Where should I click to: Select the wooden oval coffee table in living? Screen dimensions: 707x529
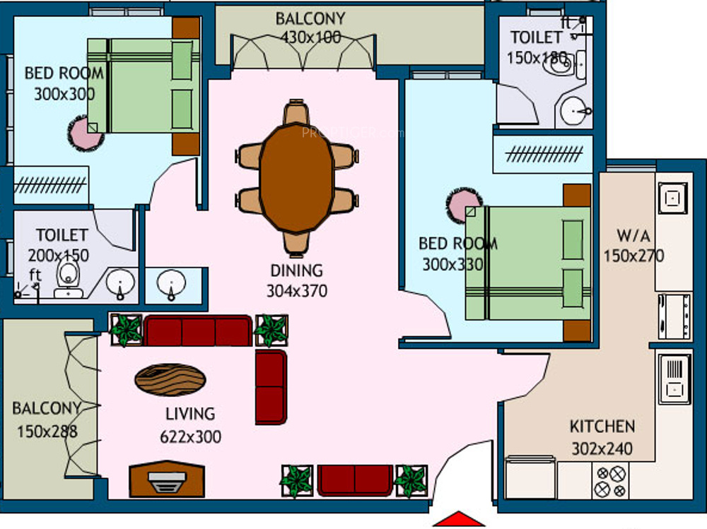[170, 379]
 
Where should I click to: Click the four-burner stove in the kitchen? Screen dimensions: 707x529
[611, 481]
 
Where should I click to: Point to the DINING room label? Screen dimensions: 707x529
[297, 271]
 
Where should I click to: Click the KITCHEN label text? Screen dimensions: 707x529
[602, 427]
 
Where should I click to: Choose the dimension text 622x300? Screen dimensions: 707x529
[191, 436]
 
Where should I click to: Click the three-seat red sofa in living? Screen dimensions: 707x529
[197, 331]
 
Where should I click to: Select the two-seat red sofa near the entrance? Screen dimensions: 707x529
[355, 480]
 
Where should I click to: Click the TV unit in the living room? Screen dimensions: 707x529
[167, 479]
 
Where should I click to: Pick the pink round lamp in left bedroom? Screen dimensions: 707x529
[86, 133]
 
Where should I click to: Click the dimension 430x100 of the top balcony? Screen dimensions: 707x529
[310, 37]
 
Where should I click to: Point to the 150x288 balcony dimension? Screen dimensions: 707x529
[47, 432]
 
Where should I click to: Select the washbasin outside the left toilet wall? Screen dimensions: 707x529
[171, 285]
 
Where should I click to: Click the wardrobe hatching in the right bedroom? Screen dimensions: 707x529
[544, 154]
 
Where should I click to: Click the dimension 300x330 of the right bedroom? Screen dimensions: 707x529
[452, 264]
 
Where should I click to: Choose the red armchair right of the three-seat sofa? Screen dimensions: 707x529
[271, 387]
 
